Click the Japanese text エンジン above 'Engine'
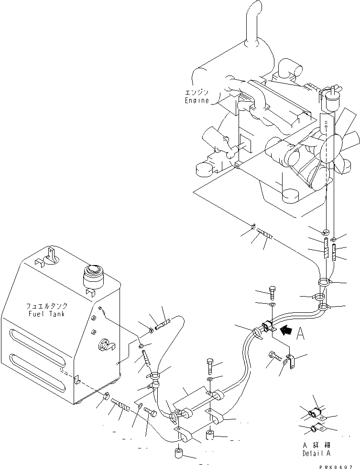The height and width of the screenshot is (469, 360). point(197,92)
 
